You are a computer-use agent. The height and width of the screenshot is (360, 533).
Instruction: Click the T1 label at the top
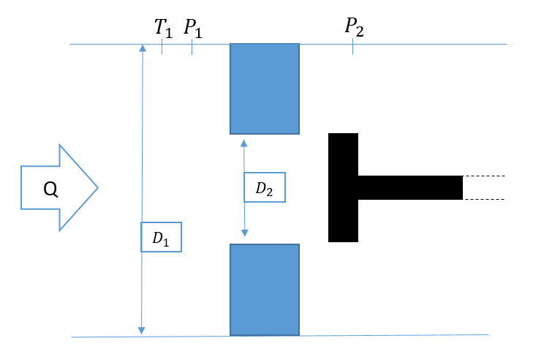[x=162, y=28]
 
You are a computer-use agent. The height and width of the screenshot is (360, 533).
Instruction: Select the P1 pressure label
[x=192, y=28]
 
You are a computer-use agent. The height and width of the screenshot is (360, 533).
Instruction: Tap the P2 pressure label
[x=354, y=28]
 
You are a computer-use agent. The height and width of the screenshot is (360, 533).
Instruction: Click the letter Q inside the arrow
[x=50, y=189]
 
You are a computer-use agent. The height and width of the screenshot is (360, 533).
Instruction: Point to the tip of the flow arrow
[x=97, y=188]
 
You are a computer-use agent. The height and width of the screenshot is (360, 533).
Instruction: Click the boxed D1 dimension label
[x=160, y=238]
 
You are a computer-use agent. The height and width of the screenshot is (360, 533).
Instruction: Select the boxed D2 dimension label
[x=264, y=188]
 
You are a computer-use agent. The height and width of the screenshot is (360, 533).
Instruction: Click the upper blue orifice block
[x=265, y=89]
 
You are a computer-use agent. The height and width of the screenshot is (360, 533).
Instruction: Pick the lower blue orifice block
[x=265, y=289]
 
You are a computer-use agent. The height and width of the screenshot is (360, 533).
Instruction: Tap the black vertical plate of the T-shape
[x=343, y=187]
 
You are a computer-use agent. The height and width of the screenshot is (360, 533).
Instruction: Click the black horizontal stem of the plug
[x=409, y=187]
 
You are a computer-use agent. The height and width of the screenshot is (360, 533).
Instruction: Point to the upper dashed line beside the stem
[x=483, y=176]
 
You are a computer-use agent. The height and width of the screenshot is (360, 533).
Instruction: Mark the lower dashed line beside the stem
[x=483, y=199]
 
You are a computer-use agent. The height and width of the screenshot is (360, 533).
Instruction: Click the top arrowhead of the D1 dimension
[x=143, y=48]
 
